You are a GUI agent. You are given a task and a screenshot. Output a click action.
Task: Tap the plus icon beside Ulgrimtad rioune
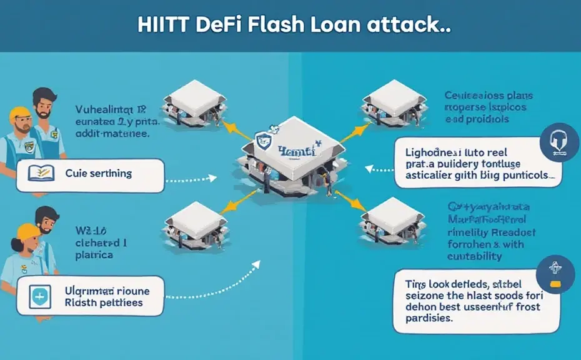pyautogui.click(x=40, y=296)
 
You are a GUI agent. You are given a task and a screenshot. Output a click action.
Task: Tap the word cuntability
pyautogui.click(x=475, y=256)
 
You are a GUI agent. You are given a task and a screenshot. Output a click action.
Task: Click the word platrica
pyautogui.click(x=94, y=256)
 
